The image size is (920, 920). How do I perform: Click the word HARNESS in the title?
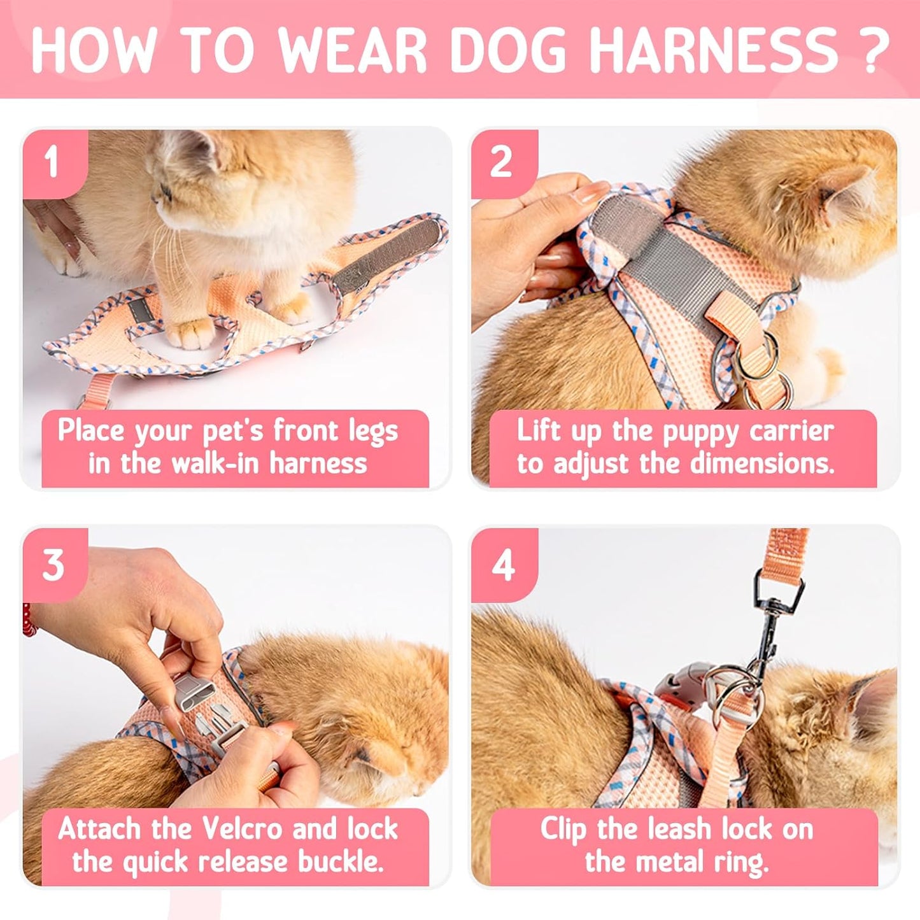pos(713,50)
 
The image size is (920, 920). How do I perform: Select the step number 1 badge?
pos(52,162)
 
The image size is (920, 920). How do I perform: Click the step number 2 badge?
pos(501,162)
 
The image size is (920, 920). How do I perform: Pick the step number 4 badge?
pos(502,564)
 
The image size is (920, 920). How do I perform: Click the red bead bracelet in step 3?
pos(27,621)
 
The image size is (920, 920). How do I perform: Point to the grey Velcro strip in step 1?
pos(388,255)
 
